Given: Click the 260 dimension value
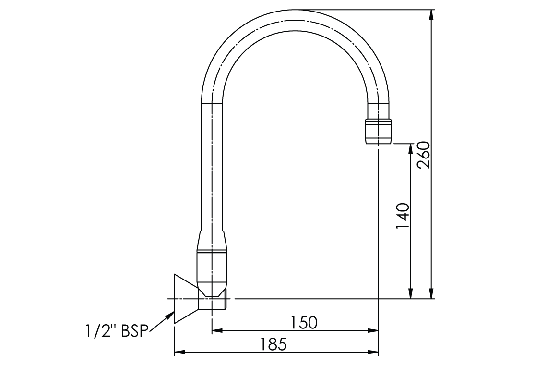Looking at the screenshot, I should click(423, 155).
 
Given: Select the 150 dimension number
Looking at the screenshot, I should click(303, 322).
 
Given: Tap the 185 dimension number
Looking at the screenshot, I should click(273, 344).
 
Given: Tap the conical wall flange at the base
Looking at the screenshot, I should click(185, 298).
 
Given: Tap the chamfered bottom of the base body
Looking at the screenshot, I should click(214, 289).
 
